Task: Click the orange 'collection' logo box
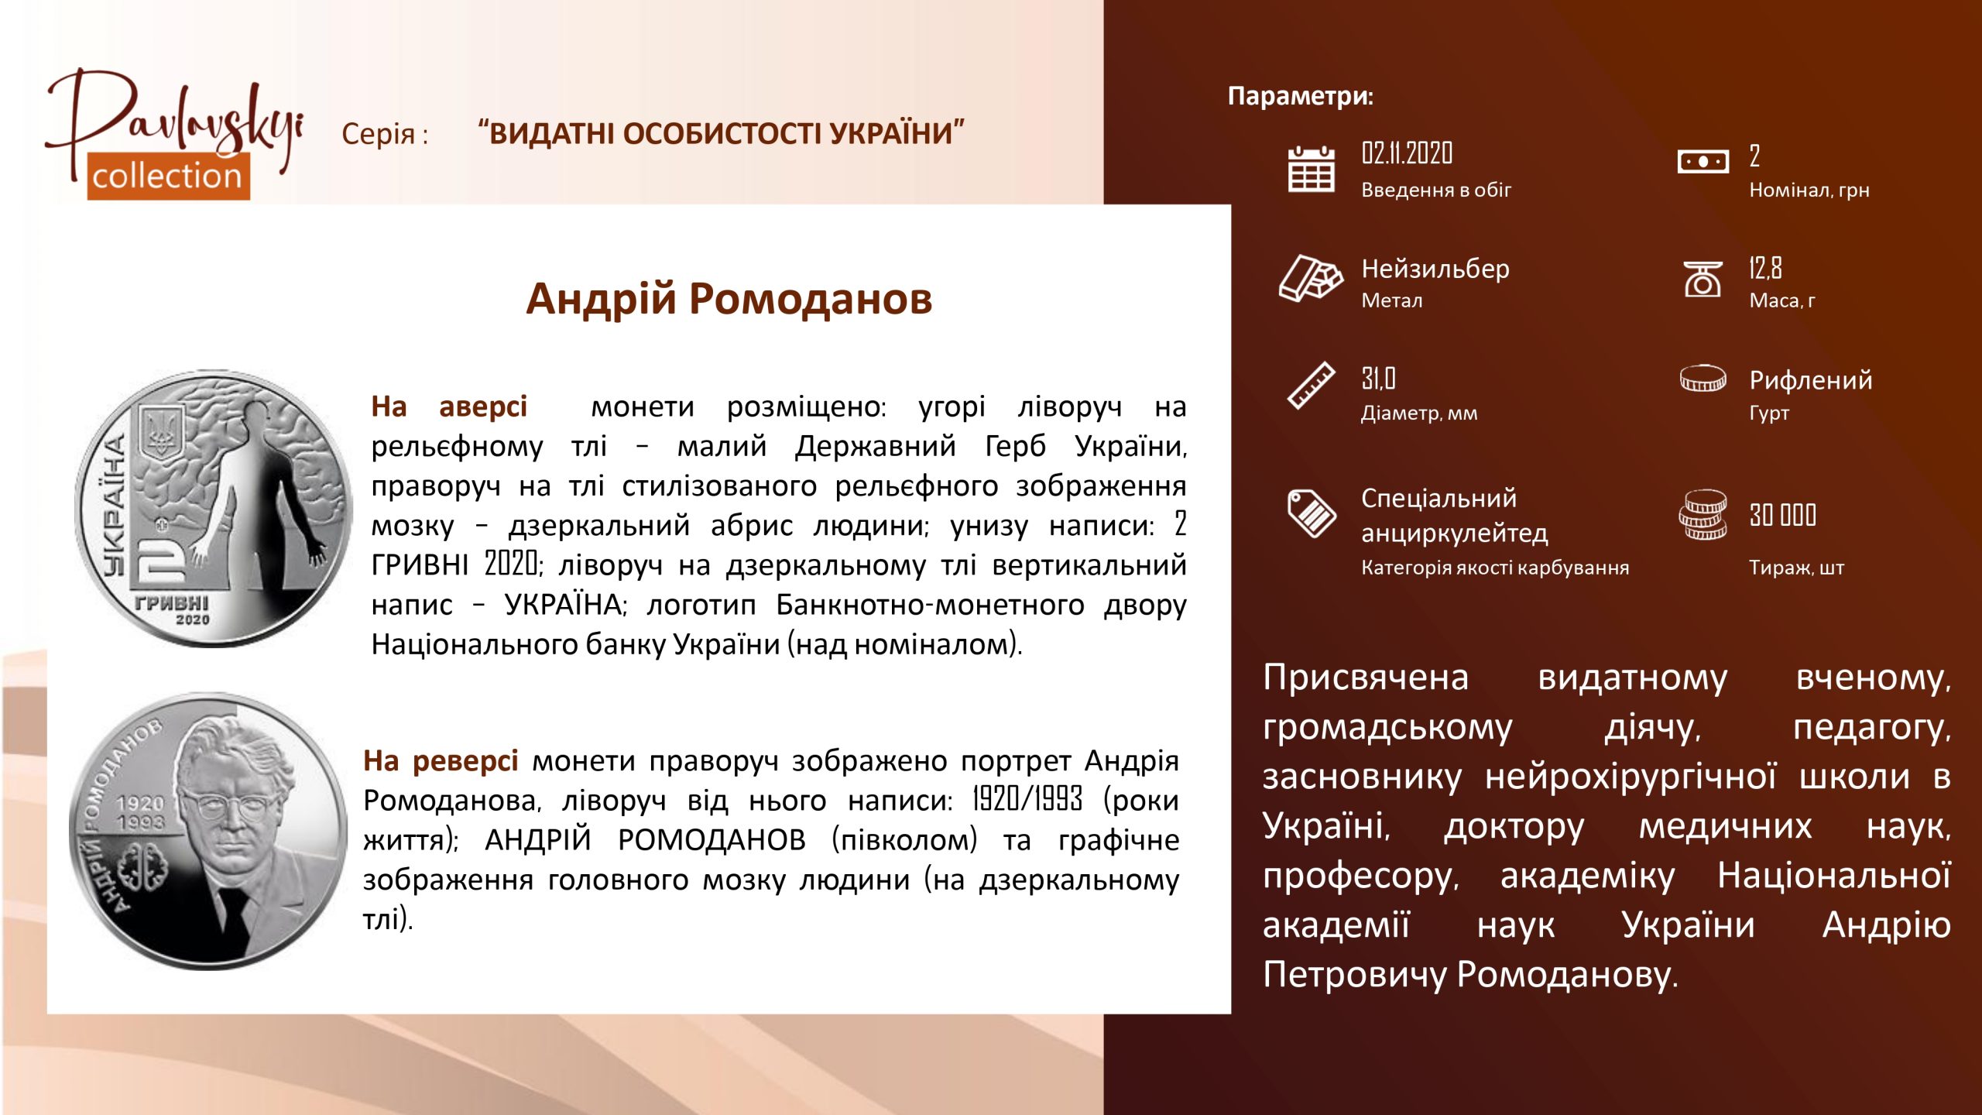tap(168, 177)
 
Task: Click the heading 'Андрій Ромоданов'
tap(729, 299)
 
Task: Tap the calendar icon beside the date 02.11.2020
tap(1311, 169)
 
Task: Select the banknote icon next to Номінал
tap(1703, 162)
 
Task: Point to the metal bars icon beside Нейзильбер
tap(1311, 277)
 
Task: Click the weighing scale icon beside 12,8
tap(1703, 279)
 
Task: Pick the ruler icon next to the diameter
tap(1311, 385)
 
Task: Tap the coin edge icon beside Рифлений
tap(1703, 379)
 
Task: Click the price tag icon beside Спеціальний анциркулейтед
tap(1311, 513)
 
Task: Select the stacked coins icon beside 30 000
tap(1703, 514)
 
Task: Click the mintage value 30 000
tap(1782, 515)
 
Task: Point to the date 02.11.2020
tap(1407, 153)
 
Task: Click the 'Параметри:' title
tap(1301, 96)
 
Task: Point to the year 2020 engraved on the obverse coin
tap(192, 619)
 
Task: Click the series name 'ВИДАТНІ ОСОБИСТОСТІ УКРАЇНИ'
tap(721, 133)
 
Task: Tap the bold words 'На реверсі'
tap(441, 760)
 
